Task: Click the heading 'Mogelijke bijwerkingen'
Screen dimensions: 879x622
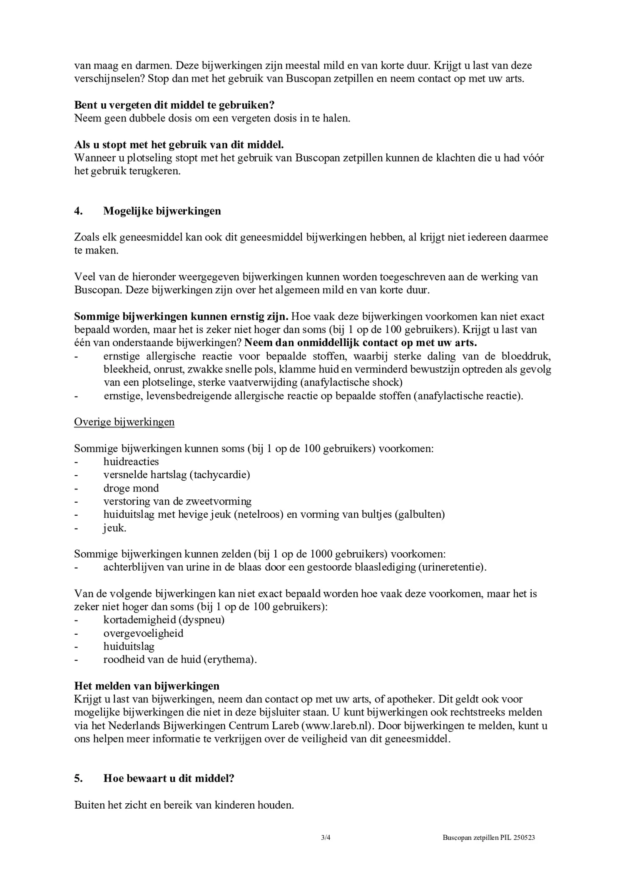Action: pos(162,211)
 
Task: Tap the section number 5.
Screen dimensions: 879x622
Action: pos(78,778)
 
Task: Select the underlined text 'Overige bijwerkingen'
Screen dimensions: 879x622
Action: pos(124,422)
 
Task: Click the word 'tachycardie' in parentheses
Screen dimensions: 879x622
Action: pos(219,475)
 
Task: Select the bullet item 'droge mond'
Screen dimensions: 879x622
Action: pos(131,488)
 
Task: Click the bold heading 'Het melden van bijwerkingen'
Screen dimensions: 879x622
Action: pos(147,686)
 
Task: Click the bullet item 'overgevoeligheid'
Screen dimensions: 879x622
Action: pos(143,633)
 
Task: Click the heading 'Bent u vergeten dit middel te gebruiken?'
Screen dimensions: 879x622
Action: pos(174,105)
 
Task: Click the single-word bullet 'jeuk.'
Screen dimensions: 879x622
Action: pos(114,528)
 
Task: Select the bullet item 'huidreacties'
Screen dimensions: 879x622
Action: pos(131,462)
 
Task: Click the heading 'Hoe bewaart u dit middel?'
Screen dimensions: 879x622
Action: pos(169,778)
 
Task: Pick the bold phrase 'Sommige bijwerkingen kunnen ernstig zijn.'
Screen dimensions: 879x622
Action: pos(181,316)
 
